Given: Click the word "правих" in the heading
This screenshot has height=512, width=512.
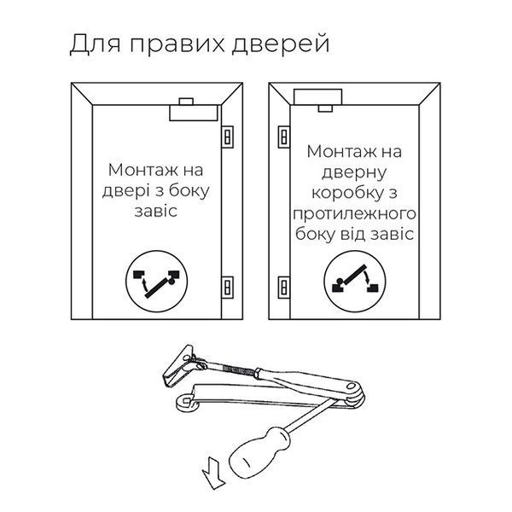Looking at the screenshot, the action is pyautogui.click(x=177, y=44).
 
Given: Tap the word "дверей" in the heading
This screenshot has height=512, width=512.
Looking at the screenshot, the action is pyautogui.click(x=281, y=44).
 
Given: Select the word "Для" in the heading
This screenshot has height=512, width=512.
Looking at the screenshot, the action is pyautogui.click(x=96, y=44).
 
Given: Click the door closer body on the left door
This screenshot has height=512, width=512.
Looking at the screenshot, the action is pyautogui.click(x=194, y=113).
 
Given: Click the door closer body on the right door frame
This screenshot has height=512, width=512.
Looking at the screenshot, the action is pyautogui.click(x=318, y=96).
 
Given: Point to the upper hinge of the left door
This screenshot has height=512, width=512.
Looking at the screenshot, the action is pyautogui.click(x=228, y=137).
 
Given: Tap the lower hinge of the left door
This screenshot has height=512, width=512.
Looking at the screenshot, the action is pyautogui.click(x=228, y=288).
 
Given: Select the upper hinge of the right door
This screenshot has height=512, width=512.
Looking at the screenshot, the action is pyautogui.click(x=284, y=137).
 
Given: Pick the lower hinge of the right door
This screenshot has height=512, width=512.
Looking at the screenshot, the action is pyautogui.click(x=284, y=288).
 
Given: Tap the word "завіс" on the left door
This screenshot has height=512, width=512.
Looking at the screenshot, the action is pyautogui.click(x=156, y=211).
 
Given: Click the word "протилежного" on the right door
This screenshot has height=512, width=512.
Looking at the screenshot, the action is pyautogui.click(x=354, y=214).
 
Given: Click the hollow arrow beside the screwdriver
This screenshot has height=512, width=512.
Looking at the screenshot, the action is pyautogui.click(x=213, y=474).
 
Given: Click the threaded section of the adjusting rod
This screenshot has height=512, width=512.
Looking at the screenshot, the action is pyautogui.click(x=238, y=369).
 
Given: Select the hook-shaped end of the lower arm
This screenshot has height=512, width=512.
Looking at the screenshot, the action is pyautogui.click(x=185, y=402).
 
